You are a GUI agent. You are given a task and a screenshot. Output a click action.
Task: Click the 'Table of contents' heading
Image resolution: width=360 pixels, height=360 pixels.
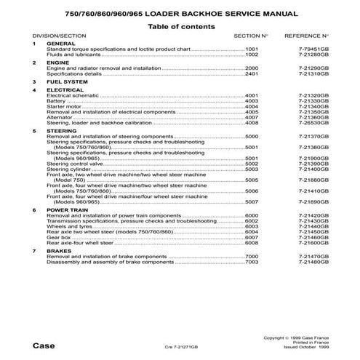pos(181,25)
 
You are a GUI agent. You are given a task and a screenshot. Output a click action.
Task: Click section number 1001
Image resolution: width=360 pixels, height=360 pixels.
pos(253,49)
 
